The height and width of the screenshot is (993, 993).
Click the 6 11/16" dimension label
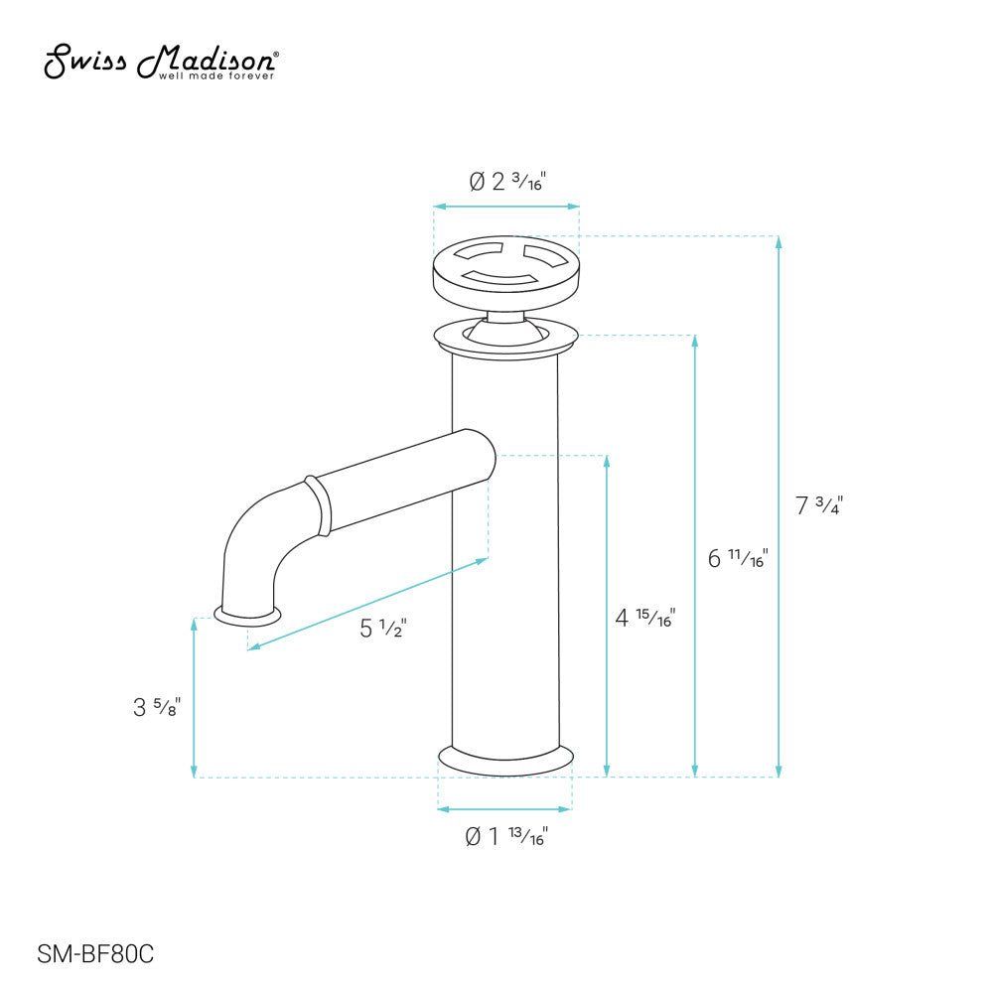coord(737,558)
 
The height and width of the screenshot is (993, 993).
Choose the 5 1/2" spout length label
coord(383,628)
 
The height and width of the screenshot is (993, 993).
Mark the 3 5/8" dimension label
coord(157,708)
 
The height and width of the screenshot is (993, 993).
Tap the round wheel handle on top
coord(506,268)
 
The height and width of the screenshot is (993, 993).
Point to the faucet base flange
coord(506,759)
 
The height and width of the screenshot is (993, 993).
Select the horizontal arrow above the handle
coord(506,207)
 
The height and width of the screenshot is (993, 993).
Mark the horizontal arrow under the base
coord(504,808)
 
